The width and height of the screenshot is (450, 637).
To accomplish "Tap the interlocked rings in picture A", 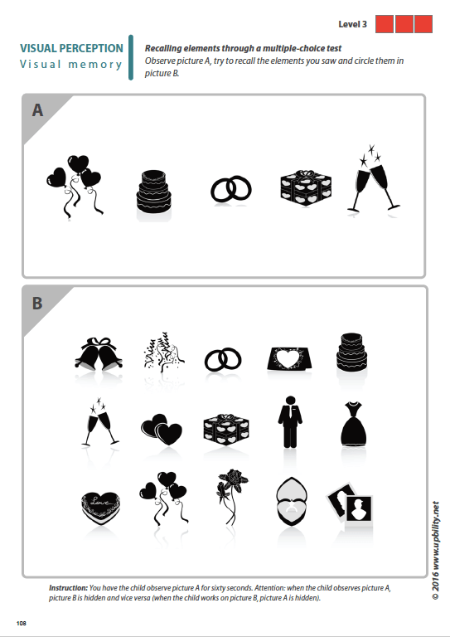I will (230, 190).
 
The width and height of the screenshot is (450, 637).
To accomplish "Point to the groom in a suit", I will (288, 423).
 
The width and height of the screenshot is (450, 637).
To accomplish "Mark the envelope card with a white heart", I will (289, 357).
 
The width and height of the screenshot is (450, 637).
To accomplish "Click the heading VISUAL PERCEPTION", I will (71, 49).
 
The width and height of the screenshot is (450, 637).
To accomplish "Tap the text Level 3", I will (353, 23).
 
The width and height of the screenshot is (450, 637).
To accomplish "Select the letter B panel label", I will (37, 303).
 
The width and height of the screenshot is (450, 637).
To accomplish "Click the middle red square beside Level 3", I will (404, 24).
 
